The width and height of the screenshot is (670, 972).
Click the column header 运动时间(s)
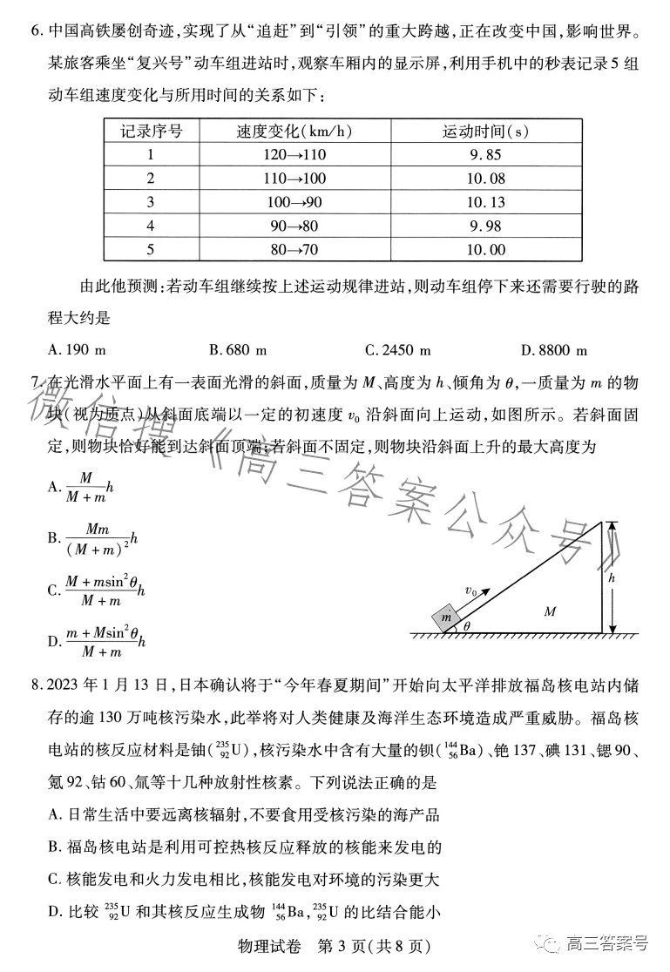pyautogui.click(x=485, y=132)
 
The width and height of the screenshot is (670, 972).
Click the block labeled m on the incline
pyautogui.click(x=447, y=617)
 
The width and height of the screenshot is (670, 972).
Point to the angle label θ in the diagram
pyautogui.click(x=466, y=625)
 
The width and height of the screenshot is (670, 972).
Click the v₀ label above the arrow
pyautogui.click(x=470, y=591)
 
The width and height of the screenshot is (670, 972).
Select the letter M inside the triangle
pyautogui.click(x=549, y=611)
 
